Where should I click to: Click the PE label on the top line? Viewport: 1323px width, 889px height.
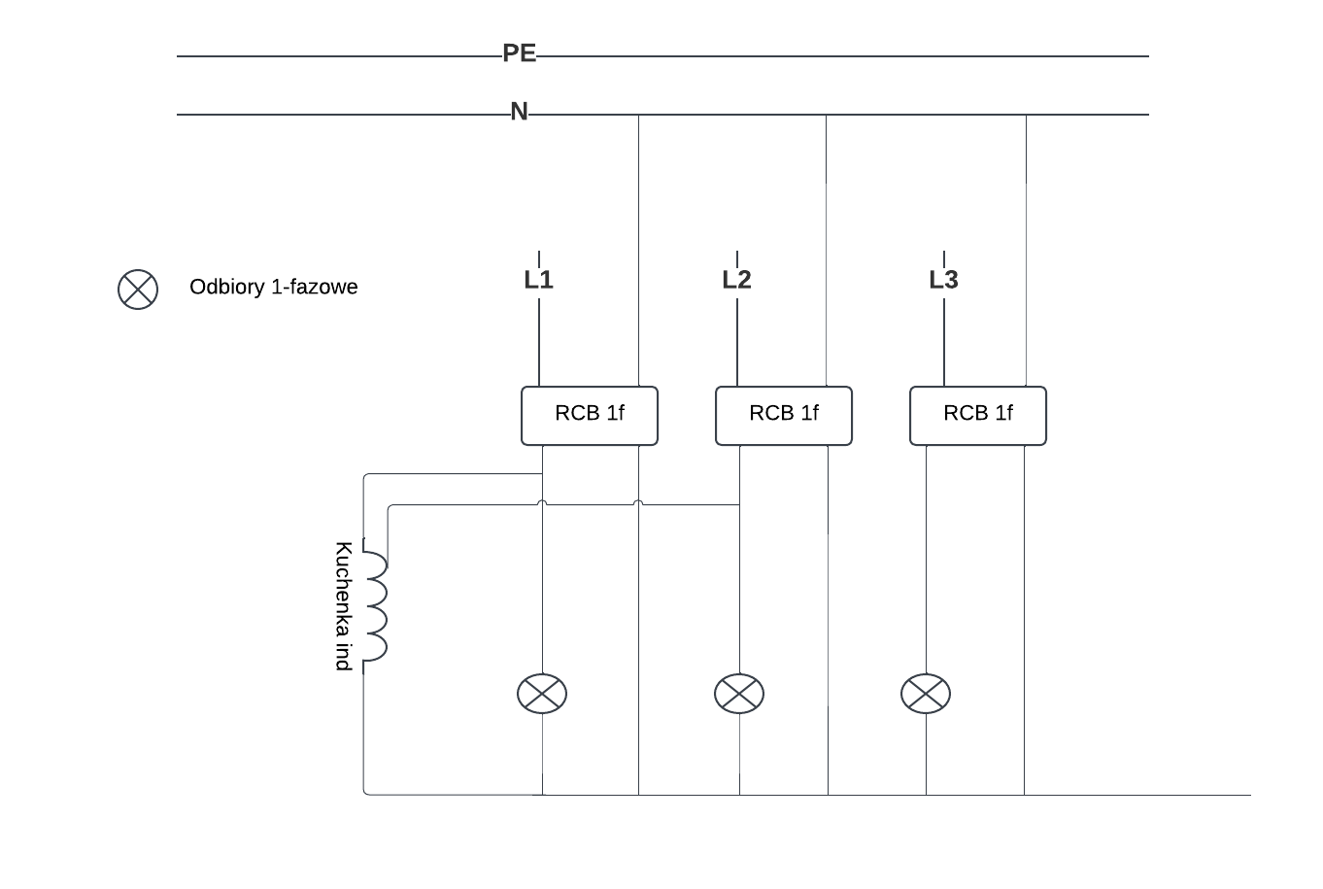[520, 53]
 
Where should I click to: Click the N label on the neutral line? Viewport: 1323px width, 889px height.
[520, 112]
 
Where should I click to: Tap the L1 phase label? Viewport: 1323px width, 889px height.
[538, 280]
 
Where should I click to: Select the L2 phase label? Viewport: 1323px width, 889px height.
[736, 280]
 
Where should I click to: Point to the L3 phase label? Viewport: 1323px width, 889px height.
[943, 280]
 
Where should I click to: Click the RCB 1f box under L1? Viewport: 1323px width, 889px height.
[590, 415]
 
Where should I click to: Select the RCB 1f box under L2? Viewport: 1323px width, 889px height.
[784, 415]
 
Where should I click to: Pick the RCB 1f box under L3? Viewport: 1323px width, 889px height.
[978, 415]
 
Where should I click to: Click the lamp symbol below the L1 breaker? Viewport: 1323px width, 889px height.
[542, 694]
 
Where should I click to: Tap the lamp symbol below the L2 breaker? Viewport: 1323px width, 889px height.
[739, 694]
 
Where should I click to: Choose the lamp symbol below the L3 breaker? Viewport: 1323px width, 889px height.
[926, 694]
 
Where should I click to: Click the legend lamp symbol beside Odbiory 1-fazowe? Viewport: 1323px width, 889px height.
[138, 289]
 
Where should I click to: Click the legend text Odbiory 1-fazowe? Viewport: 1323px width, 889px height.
[274, 287]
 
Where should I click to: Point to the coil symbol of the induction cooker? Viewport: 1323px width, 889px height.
[375, 606]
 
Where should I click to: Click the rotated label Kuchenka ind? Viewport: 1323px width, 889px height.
[343, 606]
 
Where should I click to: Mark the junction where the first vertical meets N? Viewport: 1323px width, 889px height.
[638, 115]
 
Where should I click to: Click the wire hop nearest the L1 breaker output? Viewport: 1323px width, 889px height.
[542, 503]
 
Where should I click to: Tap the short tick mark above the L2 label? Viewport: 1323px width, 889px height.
[737, 256]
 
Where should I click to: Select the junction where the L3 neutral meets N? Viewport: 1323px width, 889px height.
[1026, 115]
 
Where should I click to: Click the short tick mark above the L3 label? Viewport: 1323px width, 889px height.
[944, 256]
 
